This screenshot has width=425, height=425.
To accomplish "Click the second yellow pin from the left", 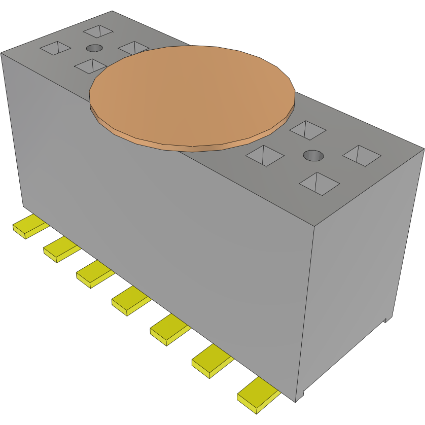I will point(60,249).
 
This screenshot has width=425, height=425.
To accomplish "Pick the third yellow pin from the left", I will point(93,274).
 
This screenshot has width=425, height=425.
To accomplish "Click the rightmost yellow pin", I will point(257,395).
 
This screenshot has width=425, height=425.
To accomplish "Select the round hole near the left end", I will point(94,48).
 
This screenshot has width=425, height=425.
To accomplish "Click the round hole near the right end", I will point(313,155).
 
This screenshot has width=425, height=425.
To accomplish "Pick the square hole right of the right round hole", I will point(362,155).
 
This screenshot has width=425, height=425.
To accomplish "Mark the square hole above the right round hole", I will point(307,130).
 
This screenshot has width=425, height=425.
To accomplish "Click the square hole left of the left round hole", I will point(55,48).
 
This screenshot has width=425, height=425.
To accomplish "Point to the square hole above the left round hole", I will point(98,31).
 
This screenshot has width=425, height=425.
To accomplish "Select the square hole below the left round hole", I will point(90,65).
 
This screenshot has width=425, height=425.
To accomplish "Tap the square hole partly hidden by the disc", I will point(133,48).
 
